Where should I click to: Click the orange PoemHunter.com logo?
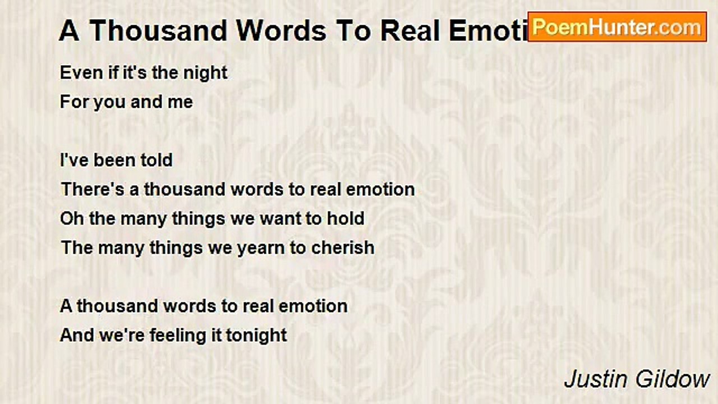pos(617,27)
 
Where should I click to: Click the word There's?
pos(93,189)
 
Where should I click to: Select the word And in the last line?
pos(77,336)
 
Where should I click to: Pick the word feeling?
pos(177,336)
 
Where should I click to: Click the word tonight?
pos(256,336)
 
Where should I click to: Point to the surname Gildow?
pos(673,379)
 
